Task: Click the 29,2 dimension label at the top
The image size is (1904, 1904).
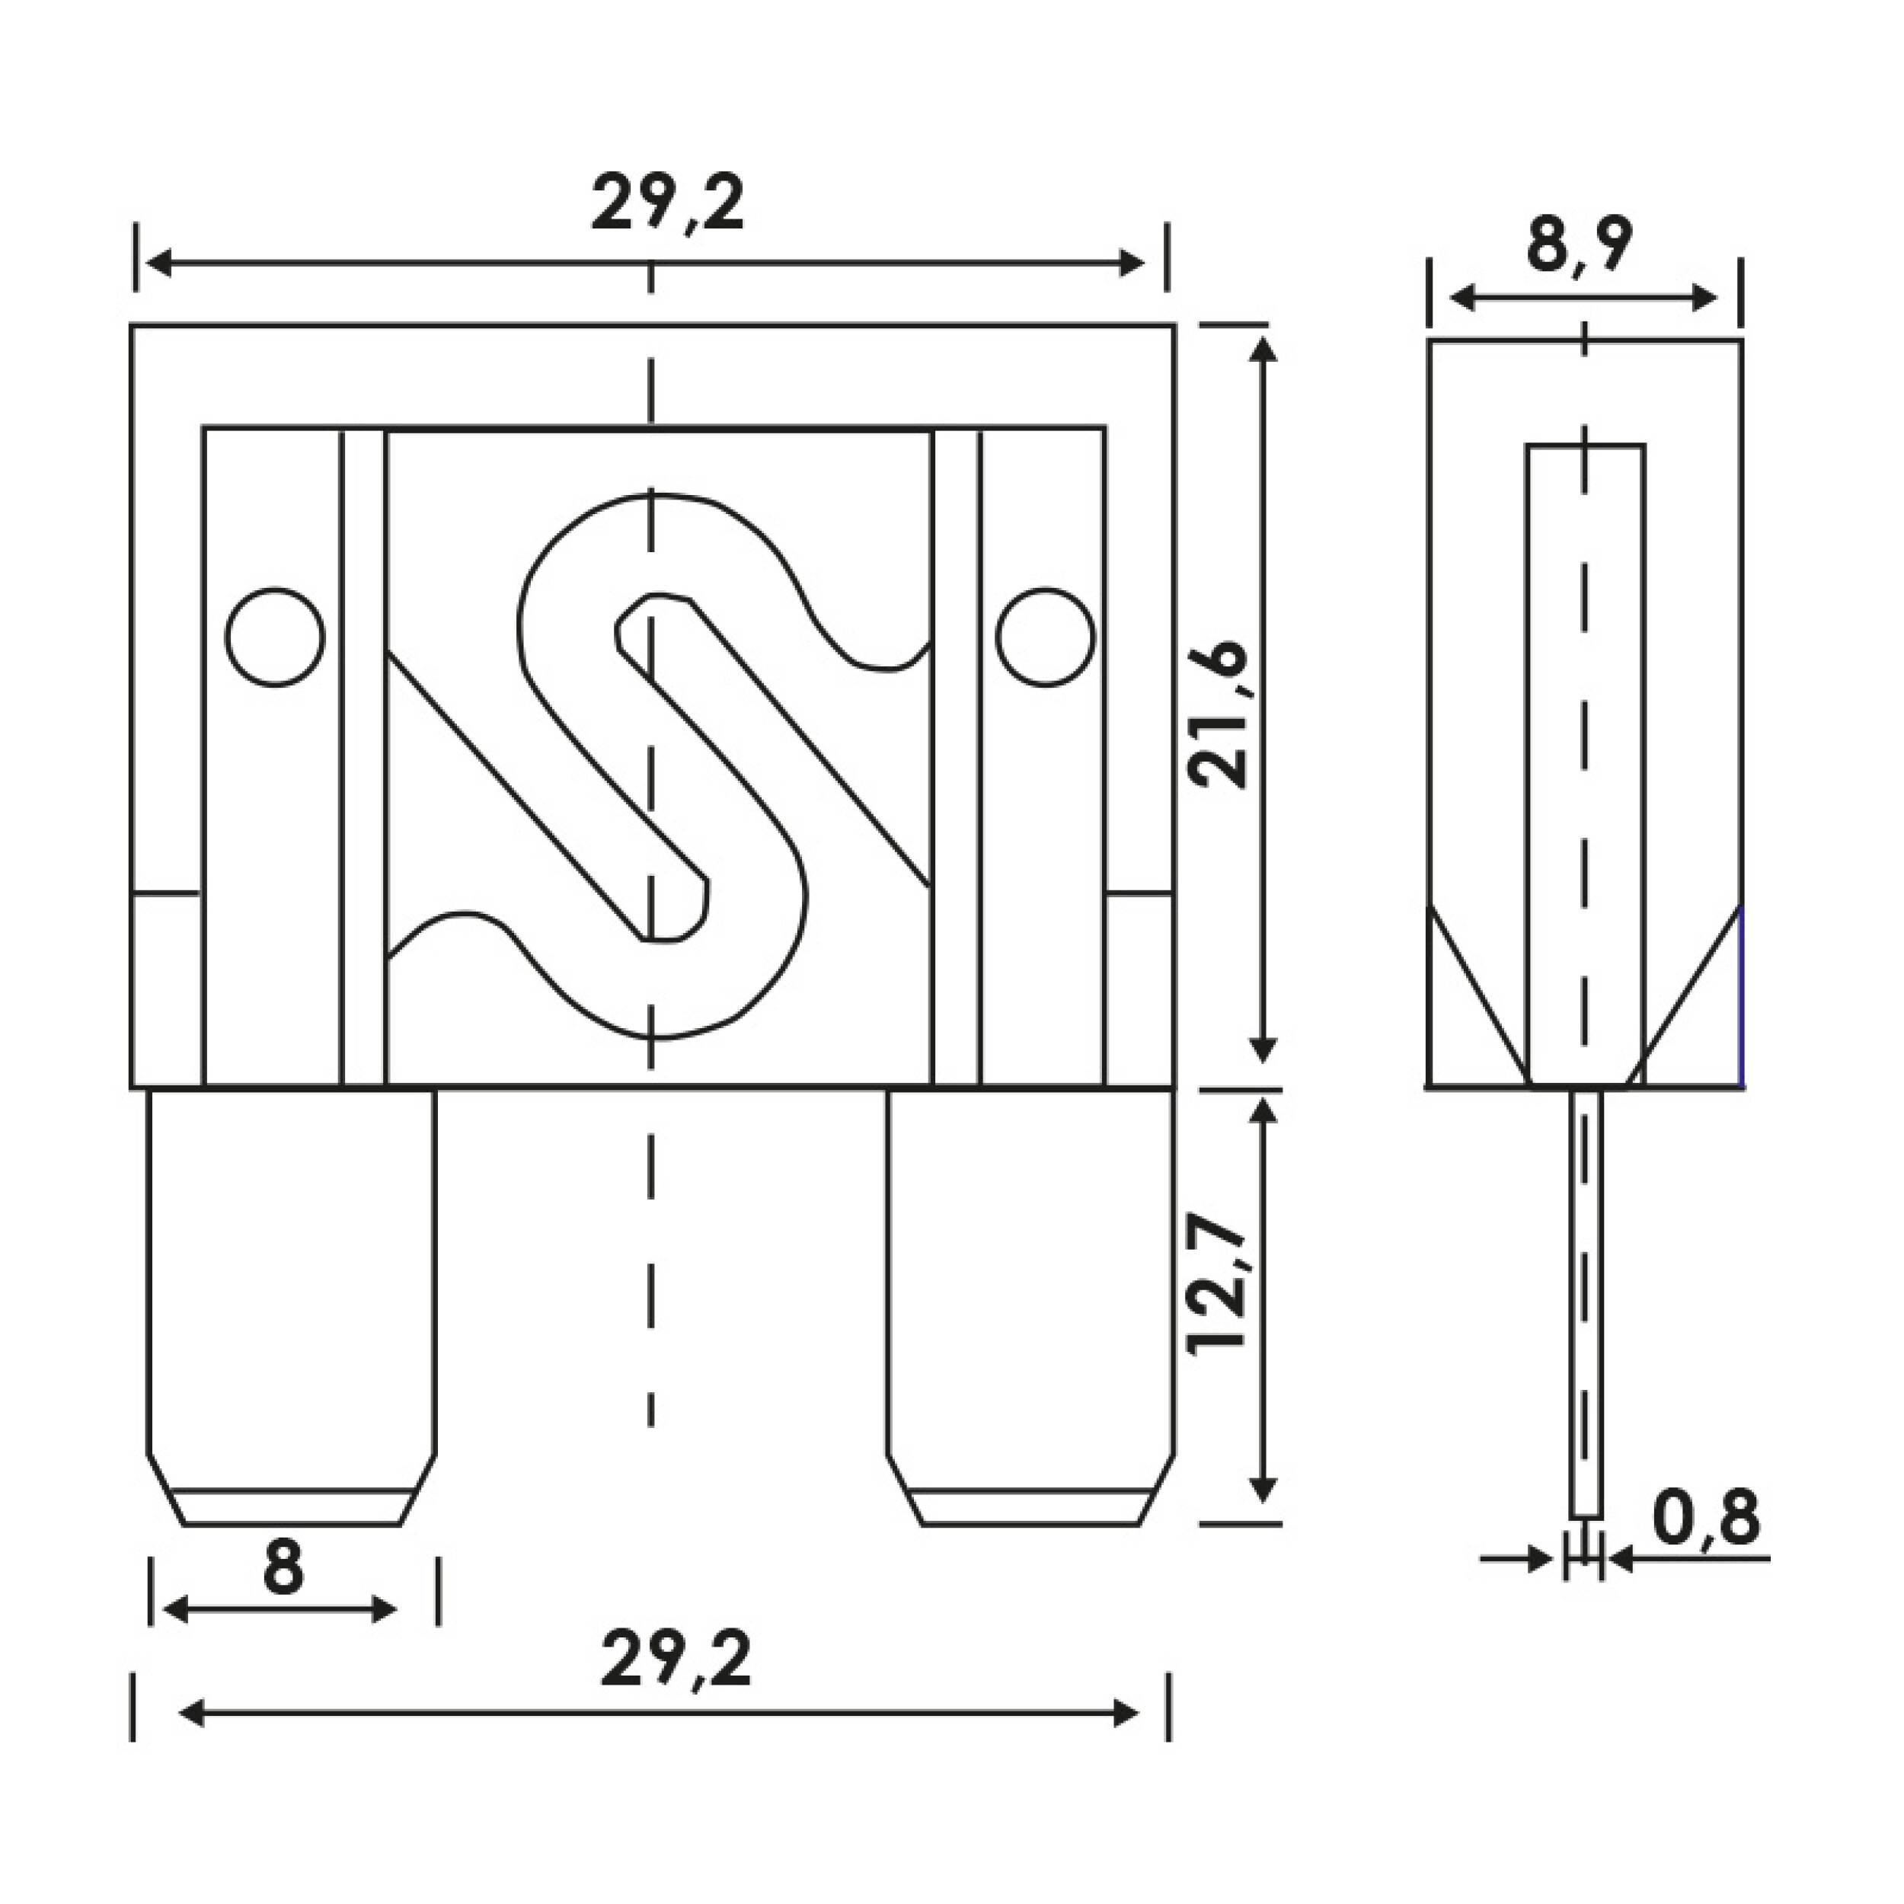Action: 667,204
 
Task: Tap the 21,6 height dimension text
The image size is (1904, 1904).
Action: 1219,714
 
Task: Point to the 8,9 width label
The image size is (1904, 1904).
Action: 1579,244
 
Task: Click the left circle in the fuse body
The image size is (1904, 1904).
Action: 275,637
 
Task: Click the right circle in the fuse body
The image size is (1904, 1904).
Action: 1045,637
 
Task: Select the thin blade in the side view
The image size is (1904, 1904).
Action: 1585,1301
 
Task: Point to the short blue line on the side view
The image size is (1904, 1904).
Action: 1741,995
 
